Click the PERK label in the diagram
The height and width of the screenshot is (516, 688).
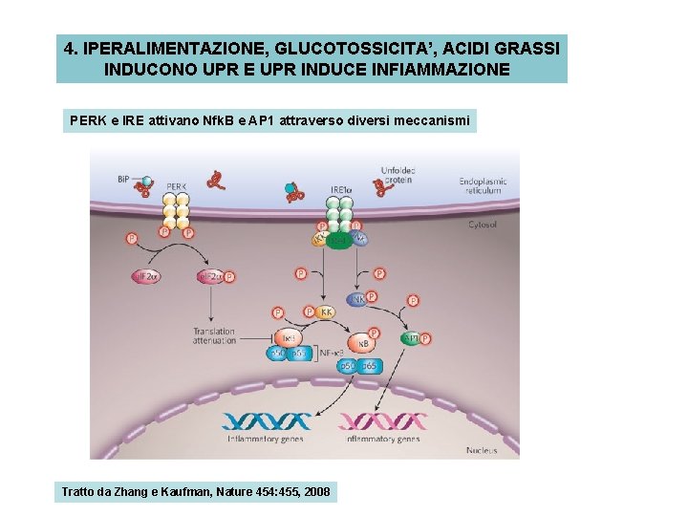point(176,187)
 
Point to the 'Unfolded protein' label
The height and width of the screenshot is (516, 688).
point(397,176)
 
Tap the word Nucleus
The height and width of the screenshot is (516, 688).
point(481,450)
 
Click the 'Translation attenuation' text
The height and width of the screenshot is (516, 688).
point(213,337)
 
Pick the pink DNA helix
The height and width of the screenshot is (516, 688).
point(382,420)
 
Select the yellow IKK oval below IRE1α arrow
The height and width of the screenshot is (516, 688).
point(328,312)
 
